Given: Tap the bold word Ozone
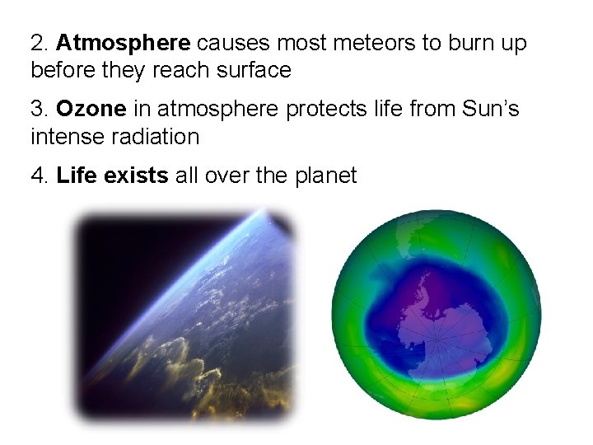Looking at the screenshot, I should coord(91,109).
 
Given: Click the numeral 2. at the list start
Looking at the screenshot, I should coord(40,43).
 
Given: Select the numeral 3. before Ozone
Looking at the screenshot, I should coord(40,109).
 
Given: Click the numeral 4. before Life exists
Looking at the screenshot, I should coord(40,175).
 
